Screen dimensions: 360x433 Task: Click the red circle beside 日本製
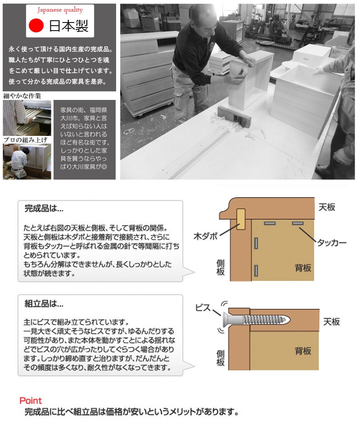point(36,26)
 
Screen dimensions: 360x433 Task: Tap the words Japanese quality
point(60,10)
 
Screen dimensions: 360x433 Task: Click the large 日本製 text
point(69,26)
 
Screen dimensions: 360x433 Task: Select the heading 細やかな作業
point(22,96)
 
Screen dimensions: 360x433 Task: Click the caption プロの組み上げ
point(25,140)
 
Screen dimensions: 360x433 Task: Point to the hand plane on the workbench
point(234,117)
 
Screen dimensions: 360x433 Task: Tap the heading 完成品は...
point(44,208)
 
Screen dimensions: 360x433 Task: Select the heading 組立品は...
point(44,304)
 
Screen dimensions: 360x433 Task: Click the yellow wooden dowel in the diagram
point(241,219)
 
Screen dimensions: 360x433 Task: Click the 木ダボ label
point(206,237)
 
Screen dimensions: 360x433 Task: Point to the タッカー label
point(332,243)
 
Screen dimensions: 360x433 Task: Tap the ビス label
point(203,307)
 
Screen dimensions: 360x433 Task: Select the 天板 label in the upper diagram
point(327,207)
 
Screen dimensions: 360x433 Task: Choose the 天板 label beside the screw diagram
point(331,322)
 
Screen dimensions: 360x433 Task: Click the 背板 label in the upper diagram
point(303,268)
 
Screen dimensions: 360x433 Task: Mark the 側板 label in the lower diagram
point(220,358)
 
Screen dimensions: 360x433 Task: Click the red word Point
point(31,401)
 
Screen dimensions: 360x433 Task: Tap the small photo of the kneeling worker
point(27,162)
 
